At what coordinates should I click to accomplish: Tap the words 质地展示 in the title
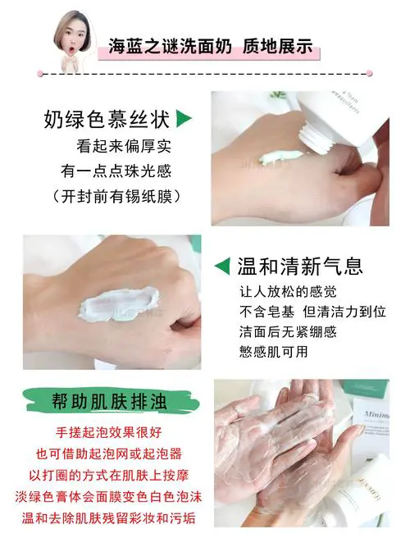[277, 47]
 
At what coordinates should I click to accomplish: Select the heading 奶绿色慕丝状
[107, 121]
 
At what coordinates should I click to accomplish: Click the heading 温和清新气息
[299, 267]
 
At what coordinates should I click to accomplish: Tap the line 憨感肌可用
[273, 351]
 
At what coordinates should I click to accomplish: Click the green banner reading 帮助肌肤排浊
[107, 404]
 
